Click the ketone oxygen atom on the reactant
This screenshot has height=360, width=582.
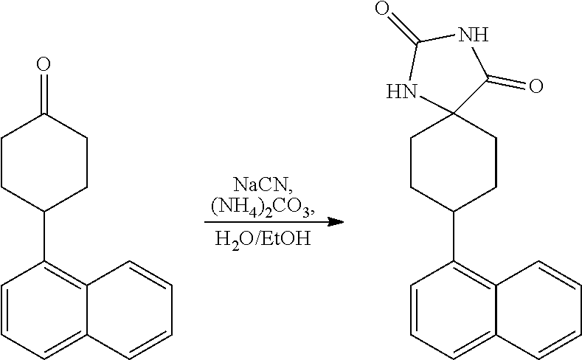point(44,64)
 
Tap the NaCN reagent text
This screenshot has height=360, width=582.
point(263,184)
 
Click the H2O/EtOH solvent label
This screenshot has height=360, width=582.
point(263,238)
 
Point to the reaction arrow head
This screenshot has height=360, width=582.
point(336,222)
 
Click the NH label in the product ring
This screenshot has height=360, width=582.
point(474,35)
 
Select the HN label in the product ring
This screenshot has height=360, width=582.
point(401,91)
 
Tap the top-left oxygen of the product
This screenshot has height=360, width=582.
point(382,8)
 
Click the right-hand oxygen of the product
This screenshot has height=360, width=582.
point(536,86)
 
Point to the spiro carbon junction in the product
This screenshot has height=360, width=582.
point(454,113)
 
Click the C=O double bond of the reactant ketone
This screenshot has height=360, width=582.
point(44,93)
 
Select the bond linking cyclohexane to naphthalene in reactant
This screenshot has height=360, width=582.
point(44,236)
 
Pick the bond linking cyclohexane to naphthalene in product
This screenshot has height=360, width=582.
point(454,236)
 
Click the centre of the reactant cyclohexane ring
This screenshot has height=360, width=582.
point(44,162)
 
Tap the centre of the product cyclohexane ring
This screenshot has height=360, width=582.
point(454,162)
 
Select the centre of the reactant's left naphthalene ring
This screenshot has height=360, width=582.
point(44,311)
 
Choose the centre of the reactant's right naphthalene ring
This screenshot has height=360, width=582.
point(130,311)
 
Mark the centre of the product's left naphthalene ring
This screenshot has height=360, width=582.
point(454,311)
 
